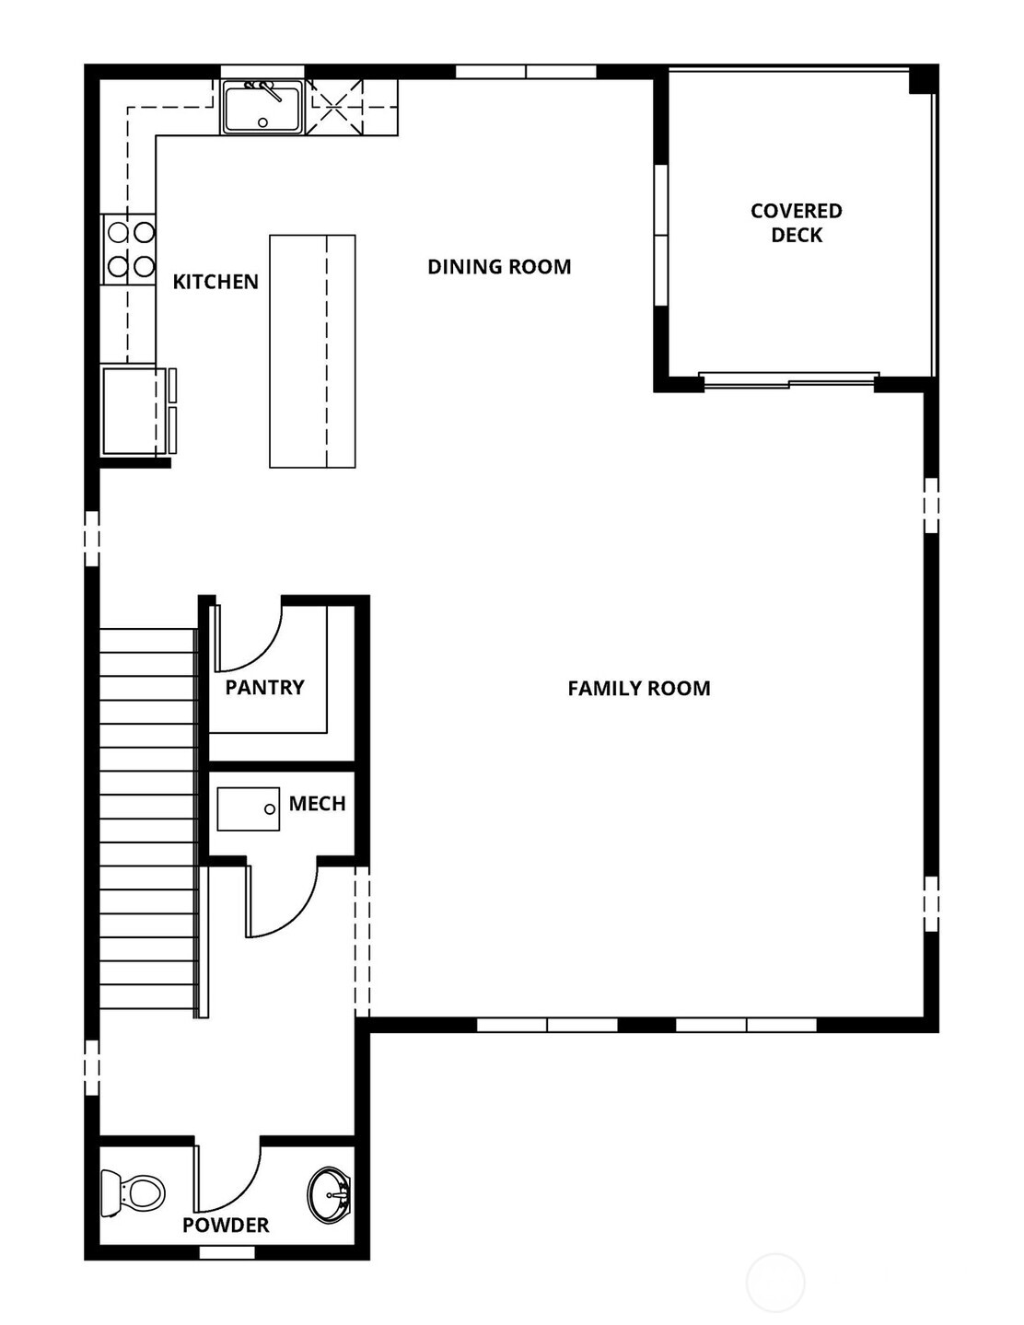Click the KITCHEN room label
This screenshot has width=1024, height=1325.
tap(215, 282)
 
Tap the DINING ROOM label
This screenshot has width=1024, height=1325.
tap(499, 267)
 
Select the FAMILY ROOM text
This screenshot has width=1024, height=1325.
tap(638, 689)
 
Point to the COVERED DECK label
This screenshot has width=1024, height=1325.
tap(796, 223)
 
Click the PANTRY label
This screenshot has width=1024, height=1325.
tap(264, 687)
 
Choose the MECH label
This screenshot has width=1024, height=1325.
tap(317, 804)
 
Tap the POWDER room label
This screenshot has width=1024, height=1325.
tap(226, 1226)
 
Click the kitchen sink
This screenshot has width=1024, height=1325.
tap(262, 107)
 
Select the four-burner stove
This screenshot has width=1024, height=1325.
tap(130, 249)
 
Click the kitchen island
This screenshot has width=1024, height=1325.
tap(312, 351)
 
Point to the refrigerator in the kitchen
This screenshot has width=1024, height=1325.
tap(134, 411)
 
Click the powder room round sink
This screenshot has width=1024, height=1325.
tap(328, 1195)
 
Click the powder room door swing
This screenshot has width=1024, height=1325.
tap(227, 1180)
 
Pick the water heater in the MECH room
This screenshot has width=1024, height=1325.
tap(249, 809)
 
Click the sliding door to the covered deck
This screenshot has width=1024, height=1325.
tap(788, 378)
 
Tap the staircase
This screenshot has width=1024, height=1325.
tap(147, 819)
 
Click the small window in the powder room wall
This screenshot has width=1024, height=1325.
tap(227, 1252)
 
